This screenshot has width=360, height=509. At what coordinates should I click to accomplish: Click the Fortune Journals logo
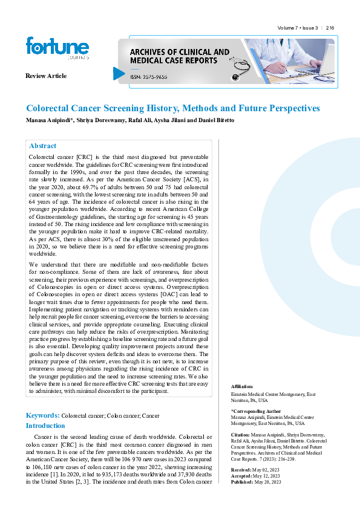pos(57,48)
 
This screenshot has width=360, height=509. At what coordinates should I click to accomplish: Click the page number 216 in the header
pos(330,28)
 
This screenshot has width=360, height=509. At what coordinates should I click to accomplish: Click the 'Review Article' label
pos(46,76)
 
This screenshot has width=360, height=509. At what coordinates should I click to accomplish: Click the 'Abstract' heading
pos(42,146)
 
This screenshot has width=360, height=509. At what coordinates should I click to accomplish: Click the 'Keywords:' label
pos(42,415)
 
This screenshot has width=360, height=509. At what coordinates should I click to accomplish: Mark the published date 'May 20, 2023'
pos(269,481)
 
